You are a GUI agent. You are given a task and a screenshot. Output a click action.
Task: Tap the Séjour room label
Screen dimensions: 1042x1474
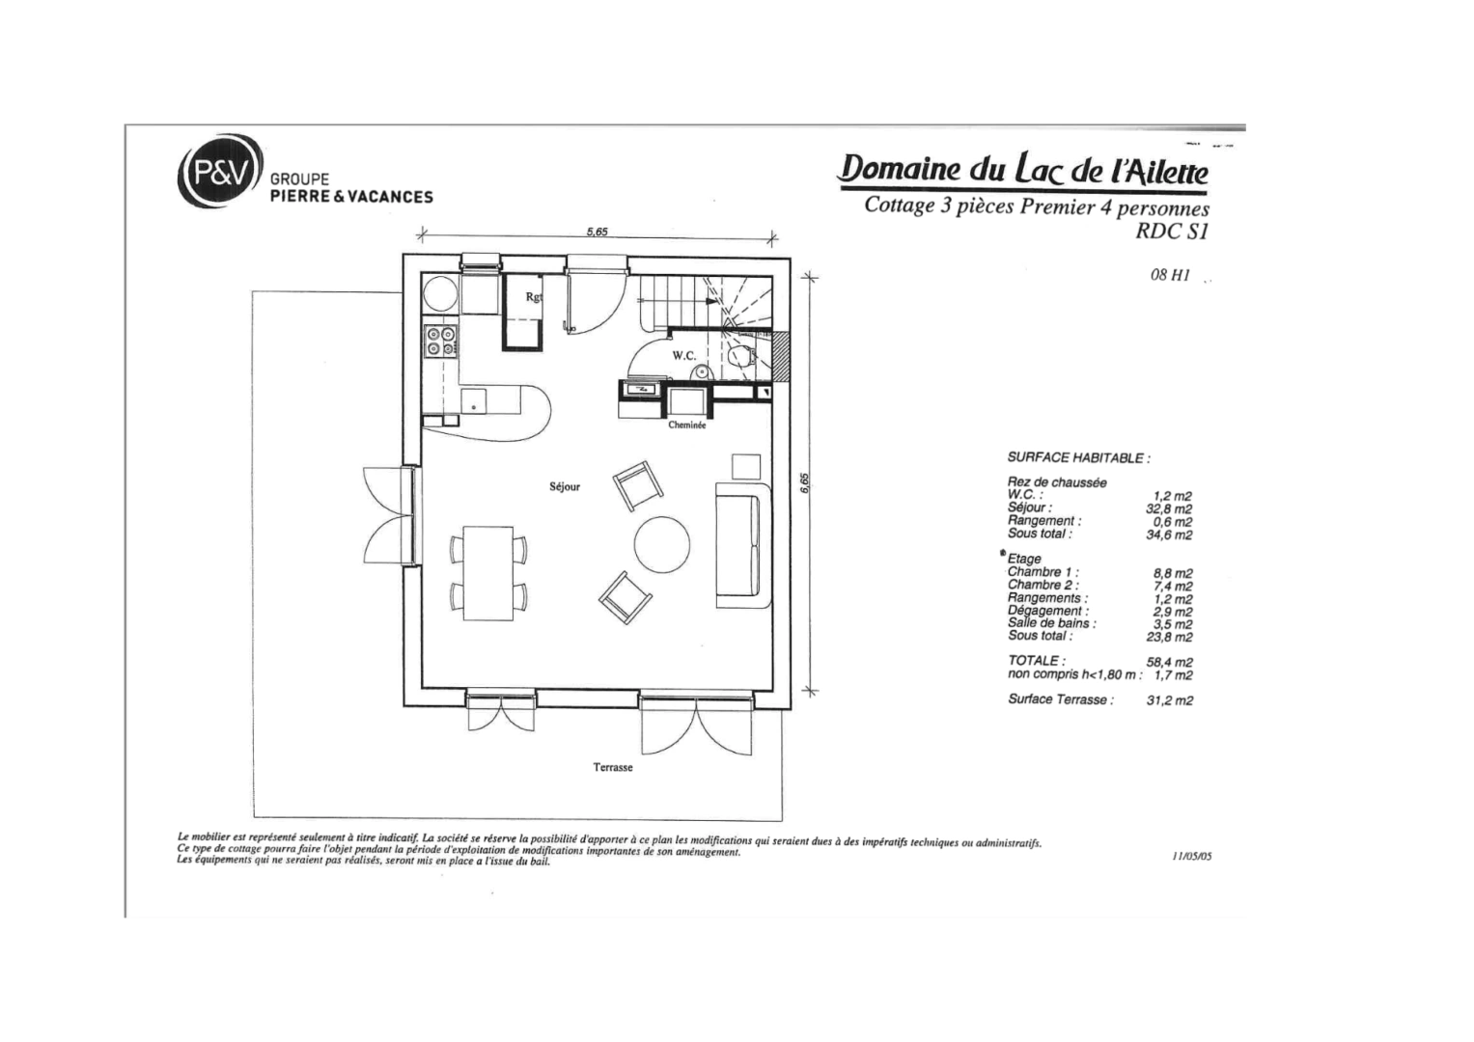pos(565,487)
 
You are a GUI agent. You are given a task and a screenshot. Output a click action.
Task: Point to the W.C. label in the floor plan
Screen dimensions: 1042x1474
pos(684,356)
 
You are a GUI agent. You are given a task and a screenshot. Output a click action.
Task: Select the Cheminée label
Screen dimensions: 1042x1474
pos(687,425)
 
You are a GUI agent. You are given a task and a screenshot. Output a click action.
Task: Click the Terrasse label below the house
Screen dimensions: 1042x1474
pos(613,768)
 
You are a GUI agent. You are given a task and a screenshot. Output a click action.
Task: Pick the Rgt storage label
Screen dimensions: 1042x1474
pos(534,297)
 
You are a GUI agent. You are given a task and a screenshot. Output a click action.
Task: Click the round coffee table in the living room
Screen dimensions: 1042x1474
pos(662,545)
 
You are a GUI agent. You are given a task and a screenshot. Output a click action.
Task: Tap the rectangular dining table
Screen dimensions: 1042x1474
pos(488,573)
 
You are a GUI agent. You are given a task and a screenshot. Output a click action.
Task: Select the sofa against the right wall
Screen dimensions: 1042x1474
pos(742,546)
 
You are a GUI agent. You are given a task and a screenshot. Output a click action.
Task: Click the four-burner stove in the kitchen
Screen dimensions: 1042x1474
pos(441,342)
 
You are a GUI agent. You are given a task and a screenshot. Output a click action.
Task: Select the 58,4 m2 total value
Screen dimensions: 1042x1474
pos(1169,663)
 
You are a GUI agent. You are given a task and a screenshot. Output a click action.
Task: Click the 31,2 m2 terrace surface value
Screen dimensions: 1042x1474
pos(1169,701)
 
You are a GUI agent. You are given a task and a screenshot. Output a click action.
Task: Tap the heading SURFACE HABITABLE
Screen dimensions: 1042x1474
pos(1078,458)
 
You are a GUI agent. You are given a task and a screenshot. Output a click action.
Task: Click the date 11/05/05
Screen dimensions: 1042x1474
pos(1191,856)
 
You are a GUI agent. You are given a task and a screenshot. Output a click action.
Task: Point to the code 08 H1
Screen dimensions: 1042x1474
pos(1170,275)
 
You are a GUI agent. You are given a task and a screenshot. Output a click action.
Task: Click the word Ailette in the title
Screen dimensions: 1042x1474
pos(1162,172)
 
